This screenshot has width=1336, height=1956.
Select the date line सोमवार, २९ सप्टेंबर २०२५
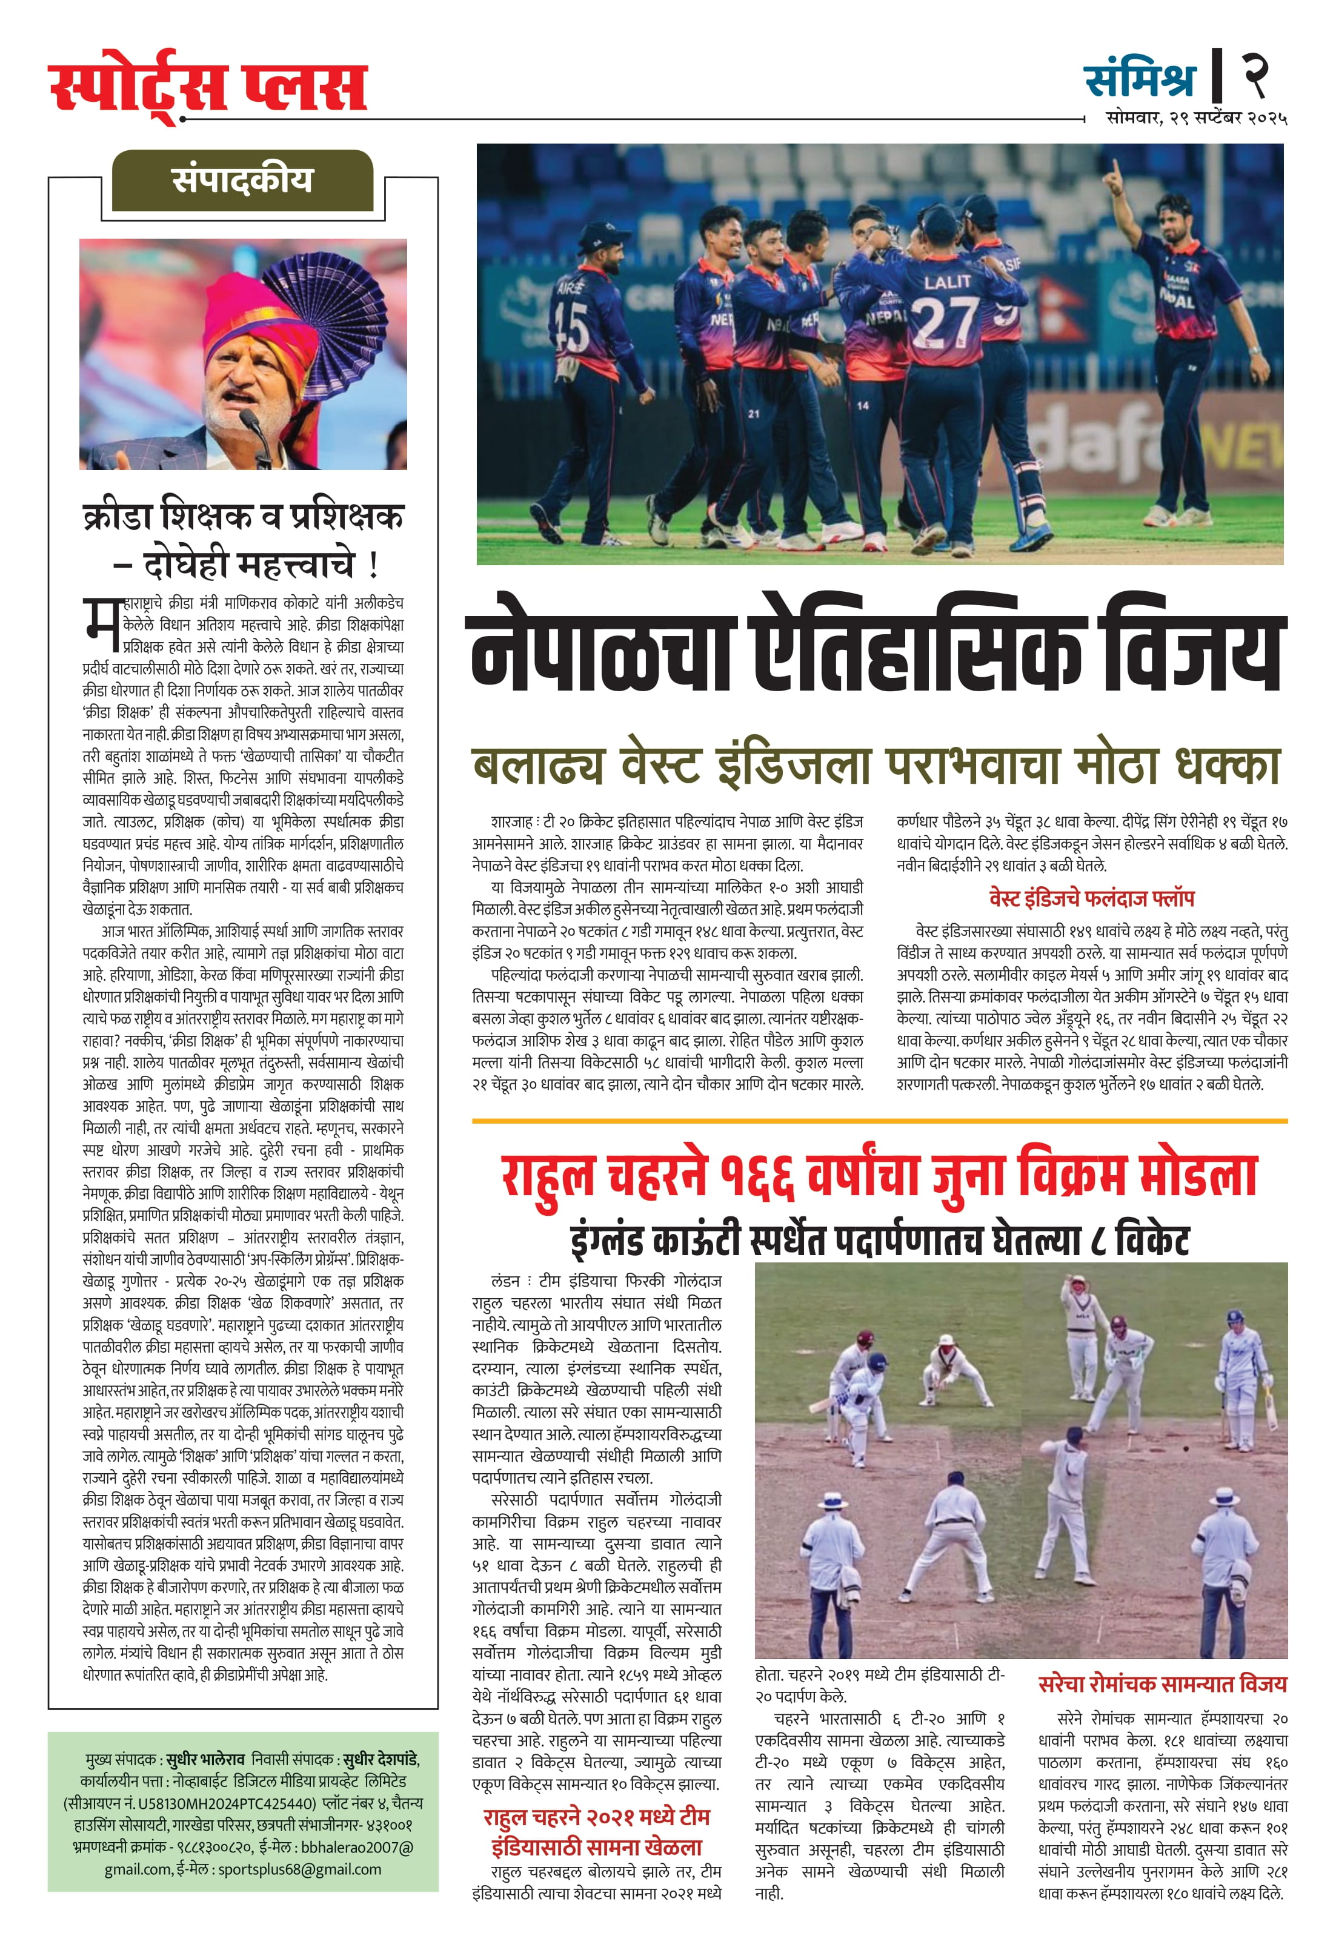click(1196, 119)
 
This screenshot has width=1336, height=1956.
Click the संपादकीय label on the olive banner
click(242, 181)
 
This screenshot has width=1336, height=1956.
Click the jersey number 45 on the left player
click(573, 324)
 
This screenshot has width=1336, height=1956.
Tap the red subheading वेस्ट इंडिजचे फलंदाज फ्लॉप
click(1091, 899)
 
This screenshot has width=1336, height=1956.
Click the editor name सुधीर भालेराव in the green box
click(205, 1760)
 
